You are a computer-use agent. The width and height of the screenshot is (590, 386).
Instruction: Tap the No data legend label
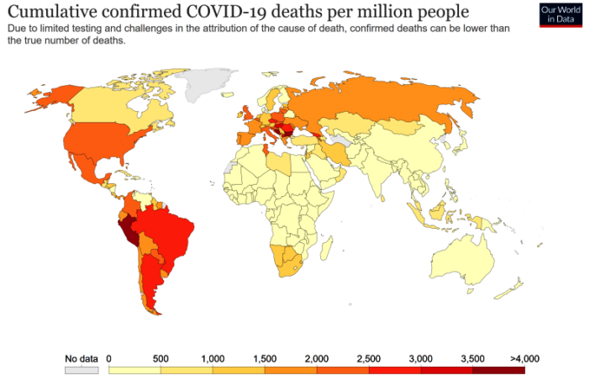pyautogui.click(x=82, y=358)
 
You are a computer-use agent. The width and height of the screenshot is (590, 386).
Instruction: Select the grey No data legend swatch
pyautogui.click(x=82, y=369)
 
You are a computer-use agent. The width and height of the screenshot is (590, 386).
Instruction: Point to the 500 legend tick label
pyautogui.click(x=161, y=358)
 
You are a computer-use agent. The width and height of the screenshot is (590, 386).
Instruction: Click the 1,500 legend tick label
pyautogui.click(x=265, y=358)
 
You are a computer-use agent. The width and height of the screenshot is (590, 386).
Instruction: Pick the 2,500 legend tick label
pyautogui.click(x=369, y=358)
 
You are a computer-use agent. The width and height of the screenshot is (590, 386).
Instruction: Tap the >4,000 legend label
pyautogui.click(x=524, y=358)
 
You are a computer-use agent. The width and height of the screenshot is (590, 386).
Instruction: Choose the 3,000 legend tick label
pyautogui.click(x=421, y=358)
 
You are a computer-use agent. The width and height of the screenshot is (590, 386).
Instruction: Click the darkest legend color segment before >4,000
pyautogui.click(x=498, y=369)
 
